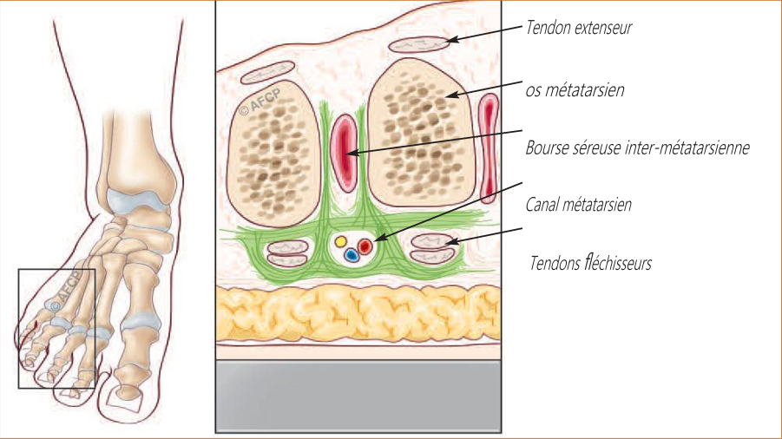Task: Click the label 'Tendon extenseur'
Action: click(579, 28)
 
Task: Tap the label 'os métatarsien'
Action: click(575, 90)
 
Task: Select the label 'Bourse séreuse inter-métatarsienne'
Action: click(637, 147)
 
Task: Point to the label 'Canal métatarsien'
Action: click(579, 204)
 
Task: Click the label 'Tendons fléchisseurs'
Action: click(590, 263)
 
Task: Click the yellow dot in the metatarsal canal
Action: click(340, 242)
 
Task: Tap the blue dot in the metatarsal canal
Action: click(352, 255)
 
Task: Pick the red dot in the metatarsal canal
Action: click(365, 246)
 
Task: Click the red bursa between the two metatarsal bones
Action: click(344, 153)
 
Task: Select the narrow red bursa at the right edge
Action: click(489, 148)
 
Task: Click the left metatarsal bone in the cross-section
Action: click(273, 152)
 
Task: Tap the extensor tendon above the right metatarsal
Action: click(418, 44)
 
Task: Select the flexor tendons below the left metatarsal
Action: click(288, 253)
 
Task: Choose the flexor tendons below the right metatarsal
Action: click(433, 248)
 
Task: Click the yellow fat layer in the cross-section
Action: click(358, 313)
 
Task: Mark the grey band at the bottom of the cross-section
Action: click(358, 396)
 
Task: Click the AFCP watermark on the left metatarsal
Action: click(260, 102)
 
